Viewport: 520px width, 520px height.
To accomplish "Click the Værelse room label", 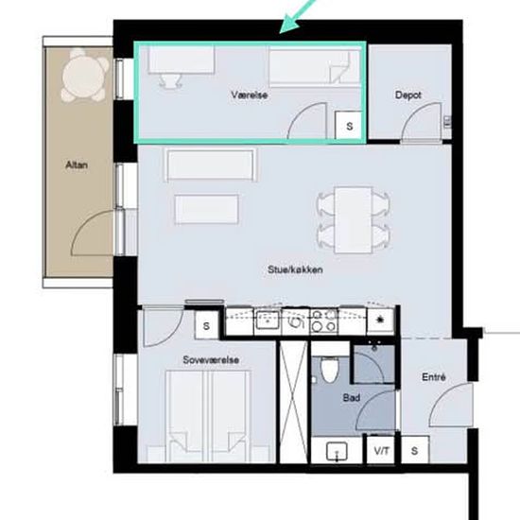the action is click(249, 95).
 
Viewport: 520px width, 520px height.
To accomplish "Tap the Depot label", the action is click(407, 95).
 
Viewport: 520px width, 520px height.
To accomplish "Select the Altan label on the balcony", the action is click(77, 165).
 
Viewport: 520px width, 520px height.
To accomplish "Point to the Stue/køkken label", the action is click(295, 269).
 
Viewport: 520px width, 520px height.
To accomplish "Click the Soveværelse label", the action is click(211, 360).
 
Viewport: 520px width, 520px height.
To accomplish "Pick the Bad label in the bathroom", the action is click(352, 397).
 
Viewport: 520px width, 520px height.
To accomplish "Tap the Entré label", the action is click(433, 377).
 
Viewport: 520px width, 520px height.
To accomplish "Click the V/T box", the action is click(381, 450).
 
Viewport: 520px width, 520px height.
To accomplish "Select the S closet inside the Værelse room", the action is click(348, 125).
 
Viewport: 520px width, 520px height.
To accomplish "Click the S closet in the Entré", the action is click(414, 450).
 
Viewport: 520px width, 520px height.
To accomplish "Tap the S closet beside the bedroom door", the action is click(206, 325).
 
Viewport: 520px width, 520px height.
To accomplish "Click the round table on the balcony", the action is click(85, 76).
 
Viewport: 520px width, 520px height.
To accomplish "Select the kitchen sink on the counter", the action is click(268, 321).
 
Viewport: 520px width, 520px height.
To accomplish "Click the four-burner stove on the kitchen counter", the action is click(323, 321).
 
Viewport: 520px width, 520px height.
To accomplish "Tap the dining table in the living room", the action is click(353, 220).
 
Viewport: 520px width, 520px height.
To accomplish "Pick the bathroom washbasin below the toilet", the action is click(337, 452).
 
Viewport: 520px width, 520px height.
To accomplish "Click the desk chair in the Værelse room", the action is click(170, 80).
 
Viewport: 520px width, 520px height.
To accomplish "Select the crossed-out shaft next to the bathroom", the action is click(293, 402).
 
